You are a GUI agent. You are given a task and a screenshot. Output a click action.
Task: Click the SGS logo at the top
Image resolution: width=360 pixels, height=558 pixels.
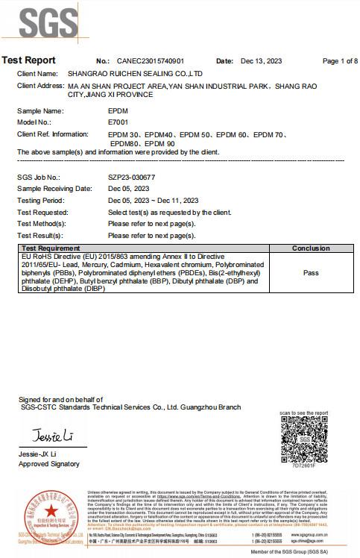(x=37, y=22)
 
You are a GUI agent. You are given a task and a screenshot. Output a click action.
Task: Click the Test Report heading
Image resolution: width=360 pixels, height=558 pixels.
(x=28, y=60)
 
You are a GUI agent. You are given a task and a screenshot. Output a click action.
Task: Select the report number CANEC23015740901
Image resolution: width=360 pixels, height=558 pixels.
(x=151, y=61)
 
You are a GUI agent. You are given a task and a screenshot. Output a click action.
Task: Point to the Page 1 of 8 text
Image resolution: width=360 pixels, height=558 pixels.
(x=339, y=61)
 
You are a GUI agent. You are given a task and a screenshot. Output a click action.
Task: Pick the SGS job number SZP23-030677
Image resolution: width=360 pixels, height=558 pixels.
(x=132, y=178)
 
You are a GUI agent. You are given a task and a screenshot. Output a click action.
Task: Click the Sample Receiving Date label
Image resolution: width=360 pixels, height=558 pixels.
(x=54, y=189)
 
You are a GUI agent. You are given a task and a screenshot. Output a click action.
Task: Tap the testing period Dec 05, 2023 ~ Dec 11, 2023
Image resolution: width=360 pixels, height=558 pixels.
(x=153, y=201)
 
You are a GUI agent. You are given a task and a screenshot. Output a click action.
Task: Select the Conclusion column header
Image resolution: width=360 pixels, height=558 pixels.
(x=311, y=248)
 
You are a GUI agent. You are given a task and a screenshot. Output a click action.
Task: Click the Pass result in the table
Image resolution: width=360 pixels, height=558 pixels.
(x=311, y=273)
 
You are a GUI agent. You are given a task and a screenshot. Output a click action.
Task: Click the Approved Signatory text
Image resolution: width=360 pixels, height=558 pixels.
(x=48, y=464)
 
